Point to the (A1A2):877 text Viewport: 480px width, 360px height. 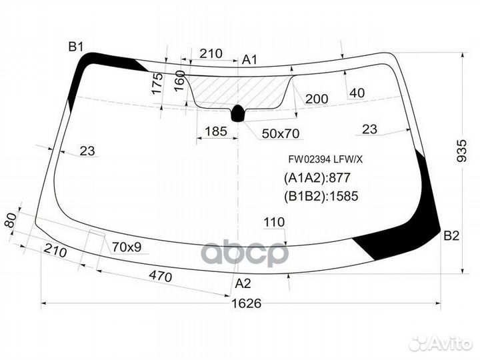[317, 178]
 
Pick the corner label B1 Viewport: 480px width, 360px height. [75, 47]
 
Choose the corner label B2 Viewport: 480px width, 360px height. [451, 235]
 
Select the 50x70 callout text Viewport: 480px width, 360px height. [280, 133]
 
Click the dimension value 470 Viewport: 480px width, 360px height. [160, 277]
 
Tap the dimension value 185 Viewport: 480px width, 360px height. [215, 131]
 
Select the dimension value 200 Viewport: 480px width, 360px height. [317, 99]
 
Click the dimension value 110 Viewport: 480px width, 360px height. [274, 223]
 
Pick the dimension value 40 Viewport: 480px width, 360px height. [357, 93]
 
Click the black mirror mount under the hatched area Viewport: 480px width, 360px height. [238, 113]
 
